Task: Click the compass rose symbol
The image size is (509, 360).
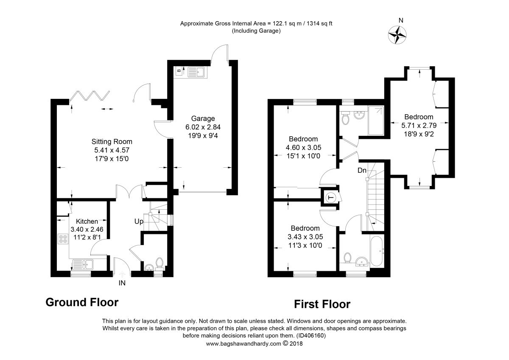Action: (397, 35)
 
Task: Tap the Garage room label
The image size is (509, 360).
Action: (203, 118)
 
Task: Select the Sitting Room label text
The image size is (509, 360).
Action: (112, 142)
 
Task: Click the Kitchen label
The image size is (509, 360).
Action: (87, 221)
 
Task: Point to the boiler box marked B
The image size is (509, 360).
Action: (179, 71)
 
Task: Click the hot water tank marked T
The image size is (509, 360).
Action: (330, 197)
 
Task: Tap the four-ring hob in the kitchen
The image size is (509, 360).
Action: (63, 239)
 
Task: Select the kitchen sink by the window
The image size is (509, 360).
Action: (83, 264)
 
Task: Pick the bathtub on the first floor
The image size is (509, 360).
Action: (377, 251)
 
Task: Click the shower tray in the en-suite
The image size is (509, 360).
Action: (376, 121)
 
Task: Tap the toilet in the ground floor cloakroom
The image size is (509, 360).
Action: (160, 264)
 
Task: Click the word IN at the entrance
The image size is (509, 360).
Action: (122, 283)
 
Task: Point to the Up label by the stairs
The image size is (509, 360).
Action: (139, 221)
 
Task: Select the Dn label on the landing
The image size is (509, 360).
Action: (362, 170)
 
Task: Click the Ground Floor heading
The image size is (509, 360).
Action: (82, 302)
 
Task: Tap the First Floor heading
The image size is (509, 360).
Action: (322, 304)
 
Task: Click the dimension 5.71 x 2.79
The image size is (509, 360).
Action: (419, 126)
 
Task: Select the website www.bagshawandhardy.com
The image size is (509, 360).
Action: (243, 343)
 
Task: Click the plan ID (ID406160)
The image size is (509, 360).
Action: (311, 336)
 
